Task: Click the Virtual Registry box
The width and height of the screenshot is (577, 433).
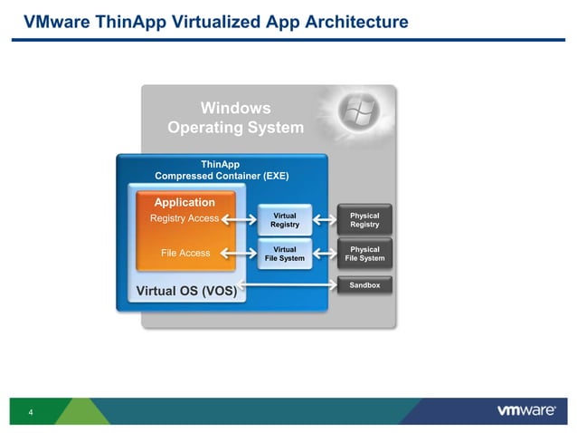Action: click(284, 219)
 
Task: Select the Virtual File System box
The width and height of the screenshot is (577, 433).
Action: click(284, 254)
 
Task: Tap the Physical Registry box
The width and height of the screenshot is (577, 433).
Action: click(364, 219)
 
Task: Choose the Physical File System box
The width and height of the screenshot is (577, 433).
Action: click(364, 254)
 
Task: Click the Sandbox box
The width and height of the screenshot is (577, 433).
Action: click(364, 285)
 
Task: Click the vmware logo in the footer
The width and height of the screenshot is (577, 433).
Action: click(526, 410)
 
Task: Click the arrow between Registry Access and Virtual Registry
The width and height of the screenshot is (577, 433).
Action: click(240, 219)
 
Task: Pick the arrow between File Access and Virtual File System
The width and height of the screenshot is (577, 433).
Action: click(240, 254)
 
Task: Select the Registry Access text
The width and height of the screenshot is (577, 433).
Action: click(184, 218)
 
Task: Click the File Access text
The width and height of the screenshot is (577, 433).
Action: click(184, 253)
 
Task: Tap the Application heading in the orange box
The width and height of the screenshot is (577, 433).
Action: click(184, 202)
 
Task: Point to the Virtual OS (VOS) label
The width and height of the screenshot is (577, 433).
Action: click(185, 291)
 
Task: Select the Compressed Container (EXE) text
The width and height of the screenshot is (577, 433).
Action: click(222, 176)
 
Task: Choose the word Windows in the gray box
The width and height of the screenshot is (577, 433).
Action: click(235, 108)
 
